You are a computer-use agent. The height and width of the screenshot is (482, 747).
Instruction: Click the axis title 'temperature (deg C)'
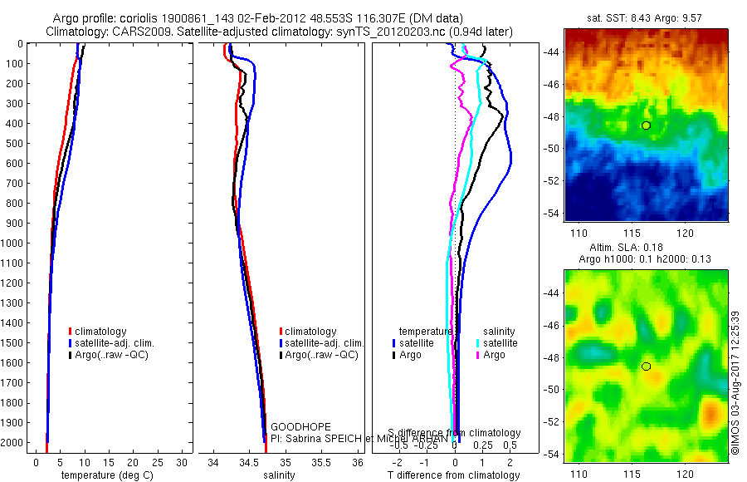(x=104, y=475)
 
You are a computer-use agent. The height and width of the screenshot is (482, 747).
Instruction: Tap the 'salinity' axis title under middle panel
(x=281, y=475)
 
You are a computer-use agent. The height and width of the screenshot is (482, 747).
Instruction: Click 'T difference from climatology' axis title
(x=455, y=475)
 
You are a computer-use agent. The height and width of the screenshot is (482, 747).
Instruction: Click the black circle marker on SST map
(x=646, y=125)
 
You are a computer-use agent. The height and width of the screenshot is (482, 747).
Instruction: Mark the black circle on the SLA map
(x=646, y=366)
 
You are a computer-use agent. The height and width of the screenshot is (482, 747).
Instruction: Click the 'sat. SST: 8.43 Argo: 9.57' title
(x=646, y=17)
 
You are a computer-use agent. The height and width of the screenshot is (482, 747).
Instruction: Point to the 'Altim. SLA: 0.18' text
(x=646, y=247)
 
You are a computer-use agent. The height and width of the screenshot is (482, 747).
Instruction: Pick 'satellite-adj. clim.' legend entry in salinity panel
(x=322, y=343)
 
